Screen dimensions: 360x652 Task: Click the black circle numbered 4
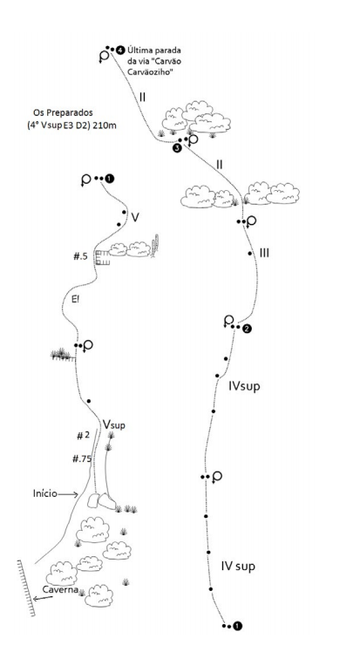120,50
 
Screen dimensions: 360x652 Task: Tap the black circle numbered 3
177,148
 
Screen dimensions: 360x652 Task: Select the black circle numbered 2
247,329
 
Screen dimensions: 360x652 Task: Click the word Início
45,493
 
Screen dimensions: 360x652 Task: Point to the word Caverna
60,589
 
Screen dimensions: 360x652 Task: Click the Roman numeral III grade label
264,253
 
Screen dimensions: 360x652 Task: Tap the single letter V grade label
135,217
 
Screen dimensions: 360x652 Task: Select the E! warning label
75,299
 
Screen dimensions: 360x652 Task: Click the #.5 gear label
81,256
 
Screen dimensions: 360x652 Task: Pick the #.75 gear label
82,459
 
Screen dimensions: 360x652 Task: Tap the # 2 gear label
83,436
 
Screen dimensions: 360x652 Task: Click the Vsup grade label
114,424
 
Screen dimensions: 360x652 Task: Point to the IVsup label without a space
244,386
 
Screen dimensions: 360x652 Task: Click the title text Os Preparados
63,112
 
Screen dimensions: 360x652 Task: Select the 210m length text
104,125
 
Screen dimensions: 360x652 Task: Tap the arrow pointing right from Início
68,494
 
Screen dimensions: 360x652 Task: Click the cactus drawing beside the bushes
156,246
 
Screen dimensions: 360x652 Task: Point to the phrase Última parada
154,51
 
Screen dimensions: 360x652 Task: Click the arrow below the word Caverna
44,598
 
